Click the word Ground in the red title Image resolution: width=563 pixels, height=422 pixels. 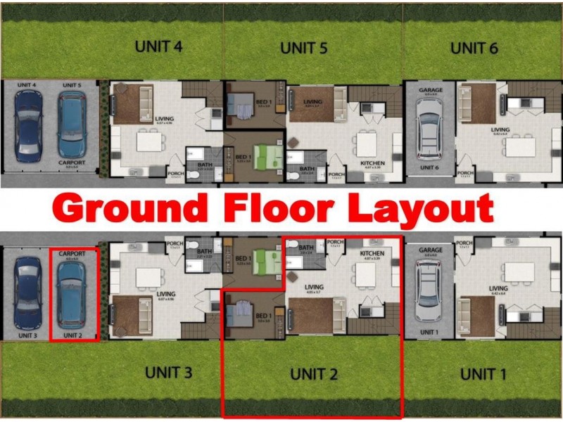tap(130, 209)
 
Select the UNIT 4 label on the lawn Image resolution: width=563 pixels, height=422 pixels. tap(158, 47)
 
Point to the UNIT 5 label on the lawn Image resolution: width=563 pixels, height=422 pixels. tap(304, 49)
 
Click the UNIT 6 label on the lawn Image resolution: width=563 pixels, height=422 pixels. tap(474, 49)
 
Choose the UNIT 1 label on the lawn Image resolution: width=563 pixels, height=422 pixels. tap(483, 374)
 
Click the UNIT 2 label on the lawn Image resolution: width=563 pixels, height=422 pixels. tap(314, 374)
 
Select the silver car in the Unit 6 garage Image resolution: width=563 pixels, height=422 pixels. tap(429, 129)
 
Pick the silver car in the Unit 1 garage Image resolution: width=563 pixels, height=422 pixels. tap(429, 290)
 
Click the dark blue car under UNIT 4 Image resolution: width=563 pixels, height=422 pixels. tap(27, 124)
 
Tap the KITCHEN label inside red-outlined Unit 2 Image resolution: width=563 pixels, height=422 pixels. tap(372, 252)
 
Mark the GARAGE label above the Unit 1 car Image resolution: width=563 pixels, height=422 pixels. tap(430, 250)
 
